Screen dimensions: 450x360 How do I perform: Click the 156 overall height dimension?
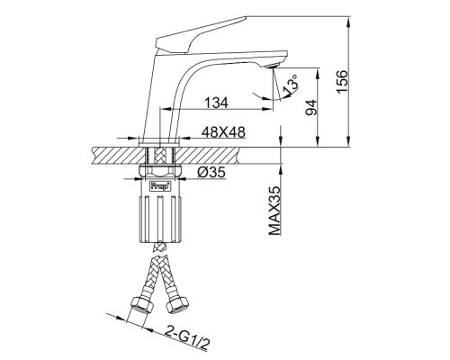[x=342, y=82]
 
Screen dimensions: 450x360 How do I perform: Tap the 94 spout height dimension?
[x=311, y=108]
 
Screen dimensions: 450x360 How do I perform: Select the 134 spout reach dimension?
[x=216, y=103]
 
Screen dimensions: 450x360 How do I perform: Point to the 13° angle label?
[x=291, y=84]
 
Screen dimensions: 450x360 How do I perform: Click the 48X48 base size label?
[x=223, y=132]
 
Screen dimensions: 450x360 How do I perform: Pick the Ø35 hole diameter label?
[x=211, y=172]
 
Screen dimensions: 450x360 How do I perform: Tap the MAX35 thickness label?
[x=274, y=211]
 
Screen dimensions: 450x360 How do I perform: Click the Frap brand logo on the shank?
[x=160, y=185]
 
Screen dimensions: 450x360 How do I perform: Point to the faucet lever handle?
[x=201, y=35]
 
